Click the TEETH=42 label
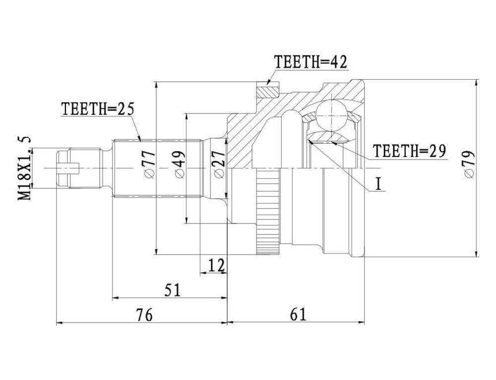(x=310, y=62)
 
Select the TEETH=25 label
(x=98, y=109)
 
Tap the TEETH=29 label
(x=409, y=151)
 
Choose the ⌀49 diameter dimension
(x=180, y=164)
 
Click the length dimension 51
(x=172, y=290)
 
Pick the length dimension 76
(x=144, y=315)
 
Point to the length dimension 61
(x=298, y=315)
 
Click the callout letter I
(x=378, y=184)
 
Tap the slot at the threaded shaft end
(x=67, y=168)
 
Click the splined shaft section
(x=157, y=168)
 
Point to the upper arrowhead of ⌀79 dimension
(x=477, y=83)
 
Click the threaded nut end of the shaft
(x=79, y=168)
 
